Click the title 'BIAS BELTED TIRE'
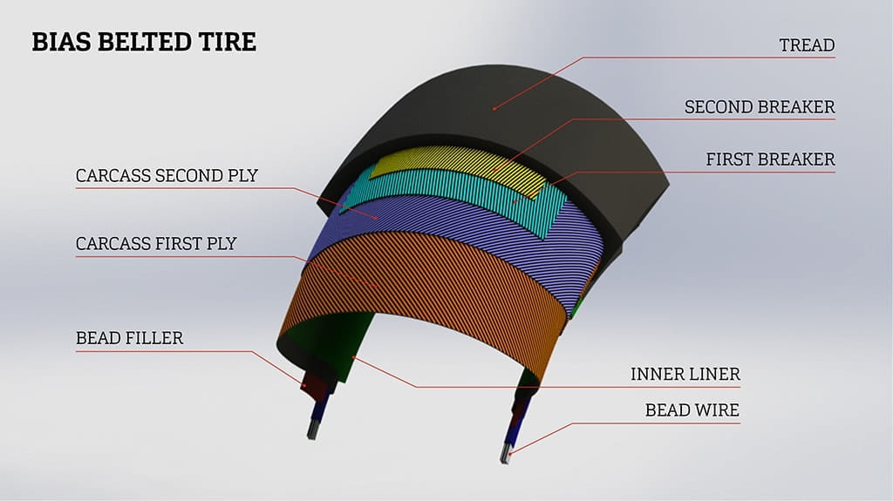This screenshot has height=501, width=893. tap(144, 42)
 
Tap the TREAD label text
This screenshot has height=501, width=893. tap(807, 45)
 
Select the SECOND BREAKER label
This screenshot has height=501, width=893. tap(760, 107)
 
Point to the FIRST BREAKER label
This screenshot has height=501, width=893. tap(771, 159)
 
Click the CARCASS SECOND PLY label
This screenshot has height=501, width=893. tap(167, 175)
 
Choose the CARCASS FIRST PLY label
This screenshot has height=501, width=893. tap(156, 244)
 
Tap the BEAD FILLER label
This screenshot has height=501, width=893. tap(130, 338)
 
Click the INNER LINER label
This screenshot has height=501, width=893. tap(685, 374)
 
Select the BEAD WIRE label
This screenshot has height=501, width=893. tap(692, 410)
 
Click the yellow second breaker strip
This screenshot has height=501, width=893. tap(455, 165)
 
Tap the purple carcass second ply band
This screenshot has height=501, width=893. tap(455, 227)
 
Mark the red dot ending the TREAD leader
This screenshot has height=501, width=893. tap(494, 108)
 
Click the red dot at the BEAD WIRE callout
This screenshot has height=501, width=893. tap(510, 454)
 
